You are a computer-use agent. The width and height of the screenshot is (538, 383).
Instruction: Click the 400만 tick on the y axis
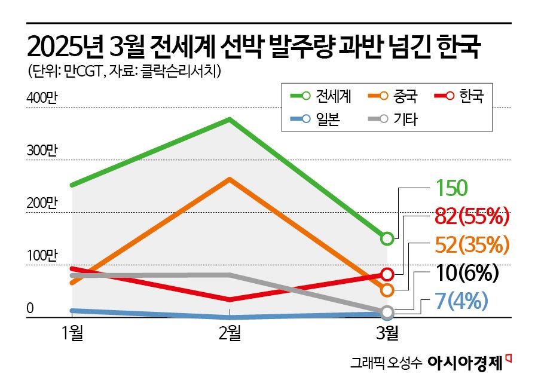[42, 99]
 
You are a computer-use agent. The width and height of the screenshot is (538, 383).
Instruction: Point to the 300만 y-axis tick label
[42, 151]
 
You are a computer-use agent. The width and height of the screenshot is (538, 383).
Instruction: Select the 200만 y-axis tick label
[42, 204]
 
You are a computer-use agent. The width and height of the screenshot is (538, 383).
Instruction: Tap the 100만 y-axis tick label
[42, 256]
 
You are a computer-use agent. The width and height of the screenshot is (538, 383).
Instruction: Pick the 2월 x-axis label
[230, 333]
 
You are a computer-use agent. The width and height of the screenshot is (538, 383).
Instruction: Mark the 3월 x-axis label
[387, 333]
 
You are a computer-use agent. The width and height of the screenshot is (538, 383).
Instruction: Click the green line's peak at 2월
[230, 120]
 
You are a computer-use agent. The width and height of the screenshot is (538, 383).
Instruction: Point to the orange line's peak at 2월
[230, 179]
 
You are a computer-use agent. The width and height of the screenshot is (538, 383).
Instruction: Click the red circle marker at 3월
[387, 274]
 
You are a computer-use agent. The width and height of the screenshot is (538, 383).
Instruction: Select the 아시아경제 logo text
[466, 363]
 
